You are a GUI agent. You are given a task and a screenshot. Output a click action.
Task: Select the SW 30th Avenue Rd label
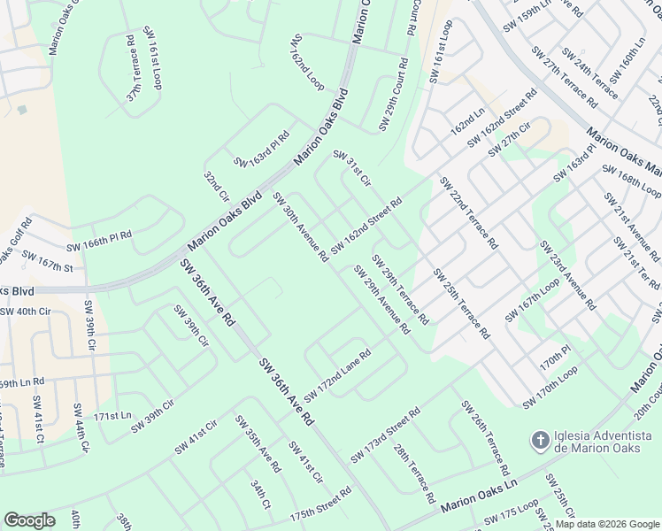(x=301, y=227)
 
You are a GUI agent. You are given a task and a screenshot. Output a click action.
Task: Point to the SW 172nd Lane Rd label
(x=337, y=373)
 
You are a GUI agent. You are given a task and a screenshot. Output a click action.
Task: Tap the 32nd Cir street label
(x=217, y=187)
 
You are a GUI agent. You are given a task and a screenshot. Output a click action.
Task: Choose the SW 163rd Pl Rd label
(x=262, y=149)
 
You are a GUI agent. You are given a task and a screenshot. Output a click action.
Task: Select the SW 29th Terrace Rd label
(x=400, y=289)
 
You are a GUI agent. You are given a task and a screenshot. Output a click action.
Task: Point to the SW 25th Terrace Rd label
(x=460, y=304)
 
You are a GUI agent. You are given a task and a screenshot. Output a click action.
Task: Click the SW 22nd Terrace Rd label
(x=468, y=212)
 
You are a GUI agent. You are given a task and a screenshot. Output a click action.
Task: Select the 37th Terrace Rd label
(x=131, y=68)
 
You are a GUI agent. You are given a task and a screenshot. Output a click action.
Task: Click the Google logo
(x=30, y=519)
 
